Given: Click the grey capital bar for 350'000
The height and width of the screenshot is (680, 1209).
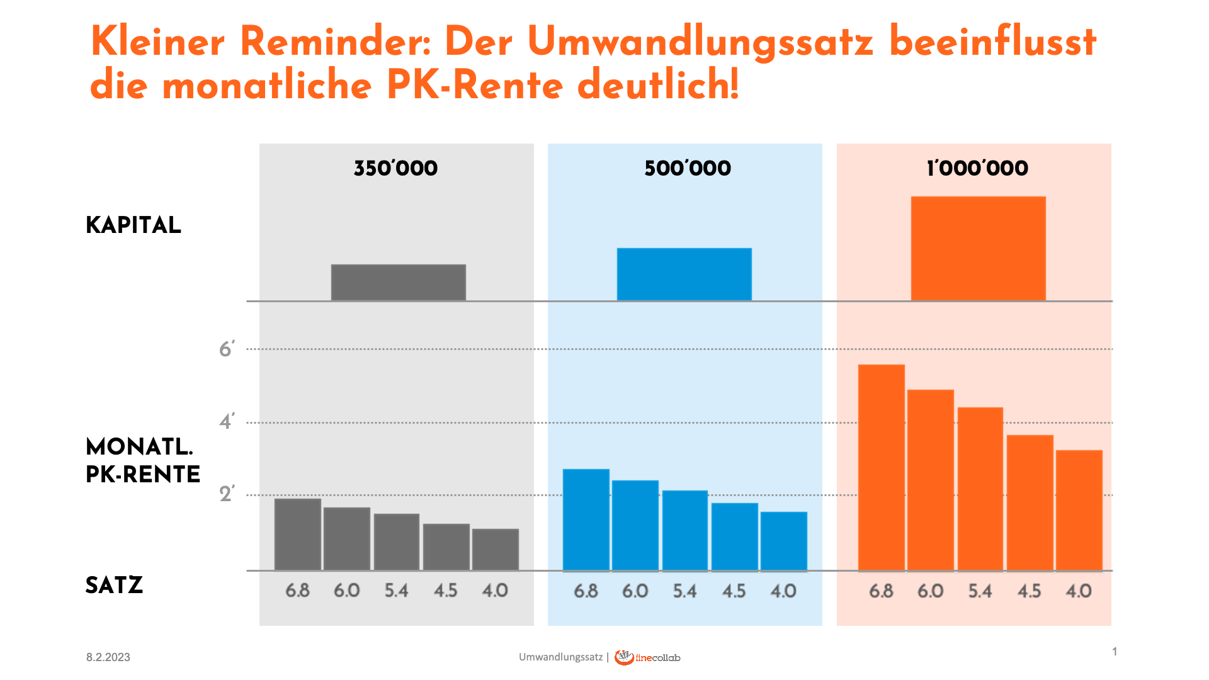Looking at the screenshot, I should (398, 282).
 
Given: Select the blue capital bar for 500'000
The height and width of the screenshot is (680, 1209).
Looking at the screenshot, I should (684, 274).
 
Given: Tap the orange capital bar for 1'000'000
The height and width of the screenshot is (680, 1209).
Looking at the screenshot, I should (978, 248).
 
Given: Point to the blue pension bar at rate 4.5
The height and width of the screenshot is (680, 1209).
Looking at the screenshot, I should (734, 536).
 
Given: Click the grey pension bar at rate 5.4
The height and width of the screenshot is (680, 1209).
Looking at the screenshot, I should (396, 541).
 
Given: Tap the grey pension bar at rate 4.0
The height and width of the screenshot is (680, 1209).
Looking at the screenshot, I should (495, 549).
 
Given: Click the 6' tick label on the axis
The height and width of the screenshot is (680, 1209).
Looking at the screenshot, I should (227, 349).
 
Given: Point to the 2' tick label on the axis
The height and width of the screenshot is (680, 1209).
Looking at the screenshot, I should (227, 494).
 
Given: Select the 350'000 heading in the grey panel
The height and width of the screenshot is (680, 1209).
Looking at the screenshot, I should (395, 168).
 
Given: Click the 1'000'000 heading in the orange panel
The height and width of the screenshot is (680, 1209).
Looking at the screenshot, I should (977, 168).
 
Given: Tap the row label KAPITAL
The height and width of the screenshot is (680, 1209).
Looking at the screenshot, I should (133, 225).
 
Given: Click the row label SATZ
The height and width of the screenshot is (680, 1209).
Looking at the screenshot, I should (114, 586).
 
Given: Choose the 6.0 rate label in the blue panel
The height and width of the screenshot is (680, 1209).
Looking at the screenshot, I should (635, 591).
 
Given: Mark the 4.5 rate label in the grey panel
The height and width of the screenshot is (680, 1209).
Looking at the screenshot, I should (445, 591).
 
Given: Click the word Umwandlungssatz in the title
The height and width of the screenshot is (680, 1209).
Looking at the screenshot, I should (700, 42).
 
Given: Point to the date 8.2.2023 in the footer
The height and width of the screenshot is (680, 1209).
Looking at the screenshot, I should (108, 657).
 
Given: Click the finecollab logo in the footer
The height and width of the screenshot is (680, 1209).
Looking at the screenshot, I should (647, 657).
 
